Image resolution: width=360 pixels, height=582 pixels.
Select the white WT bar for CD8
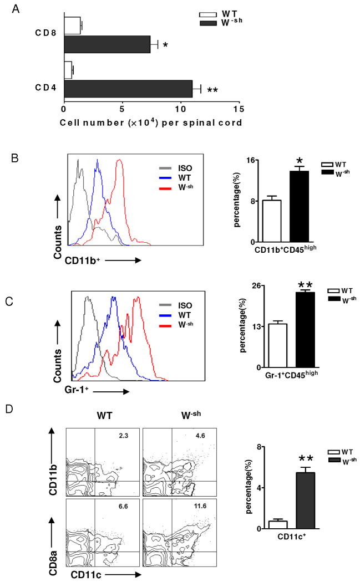pyautogui.click(x=72, y=25)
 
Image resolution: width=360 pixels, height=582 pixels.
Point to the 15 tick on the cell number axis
pyautogui.click(x=239, y=110)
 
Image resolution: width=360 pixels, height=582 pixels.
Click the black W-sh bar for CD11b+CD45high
pyautogui.click(x=300, y=206)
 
